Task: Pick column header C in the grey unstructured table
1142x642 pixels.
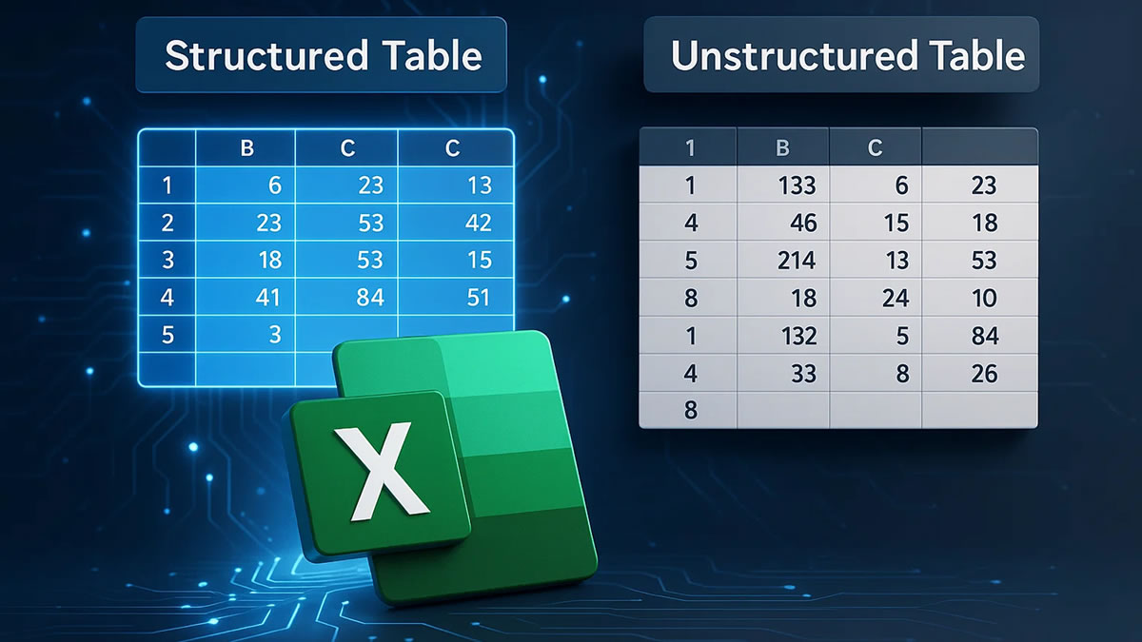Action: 875,147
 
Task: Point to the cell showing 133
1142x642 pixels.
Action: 797,185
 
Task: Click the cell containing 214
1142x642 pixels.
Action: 797,260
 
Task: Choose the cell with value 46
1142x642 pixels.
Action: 803,223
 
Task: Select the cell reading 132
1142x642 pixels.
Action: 797,335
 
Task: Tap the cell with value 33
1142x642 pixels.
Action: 803,373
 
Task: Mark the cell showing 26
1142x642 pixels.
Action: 984,373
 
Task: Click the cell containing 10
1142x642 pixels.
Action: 984,298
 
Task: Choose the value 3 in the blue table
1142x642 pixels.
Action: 274,335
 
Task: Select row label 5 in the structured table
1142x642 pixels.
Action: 167,335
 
